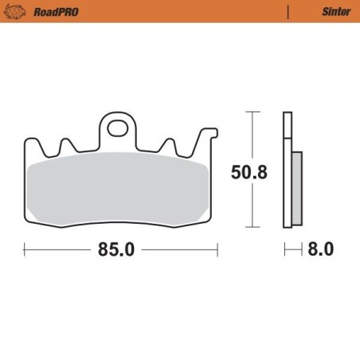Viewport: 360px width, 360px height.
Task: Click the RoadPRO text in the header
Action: point(50,12)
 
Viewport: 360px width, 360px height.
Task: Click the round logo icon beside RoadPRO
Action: point(18,12)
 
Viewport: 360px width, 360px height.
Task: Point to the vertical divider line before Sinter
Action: point(288,12)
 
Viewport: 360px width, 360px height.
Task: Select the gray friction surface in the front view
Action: point(119,186)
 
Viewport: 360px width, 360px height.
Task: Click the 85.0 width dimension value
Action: point(116,249)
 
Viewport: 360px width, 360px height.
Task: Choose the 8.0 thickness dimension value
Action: point(320,249)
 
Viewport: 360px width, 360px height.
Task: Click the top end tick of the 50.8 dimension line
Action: point(253,113)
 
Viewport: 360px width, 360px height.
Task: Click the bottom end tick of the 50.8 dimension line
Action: point(253,226)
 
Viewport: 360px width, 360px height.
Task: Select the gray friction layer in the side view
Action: point(296,187)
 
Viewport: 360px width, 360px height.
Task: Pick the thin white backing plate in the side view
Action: point(287,171)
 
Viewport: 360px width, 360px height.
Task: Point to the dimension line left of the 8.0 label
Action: point(291,249)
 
